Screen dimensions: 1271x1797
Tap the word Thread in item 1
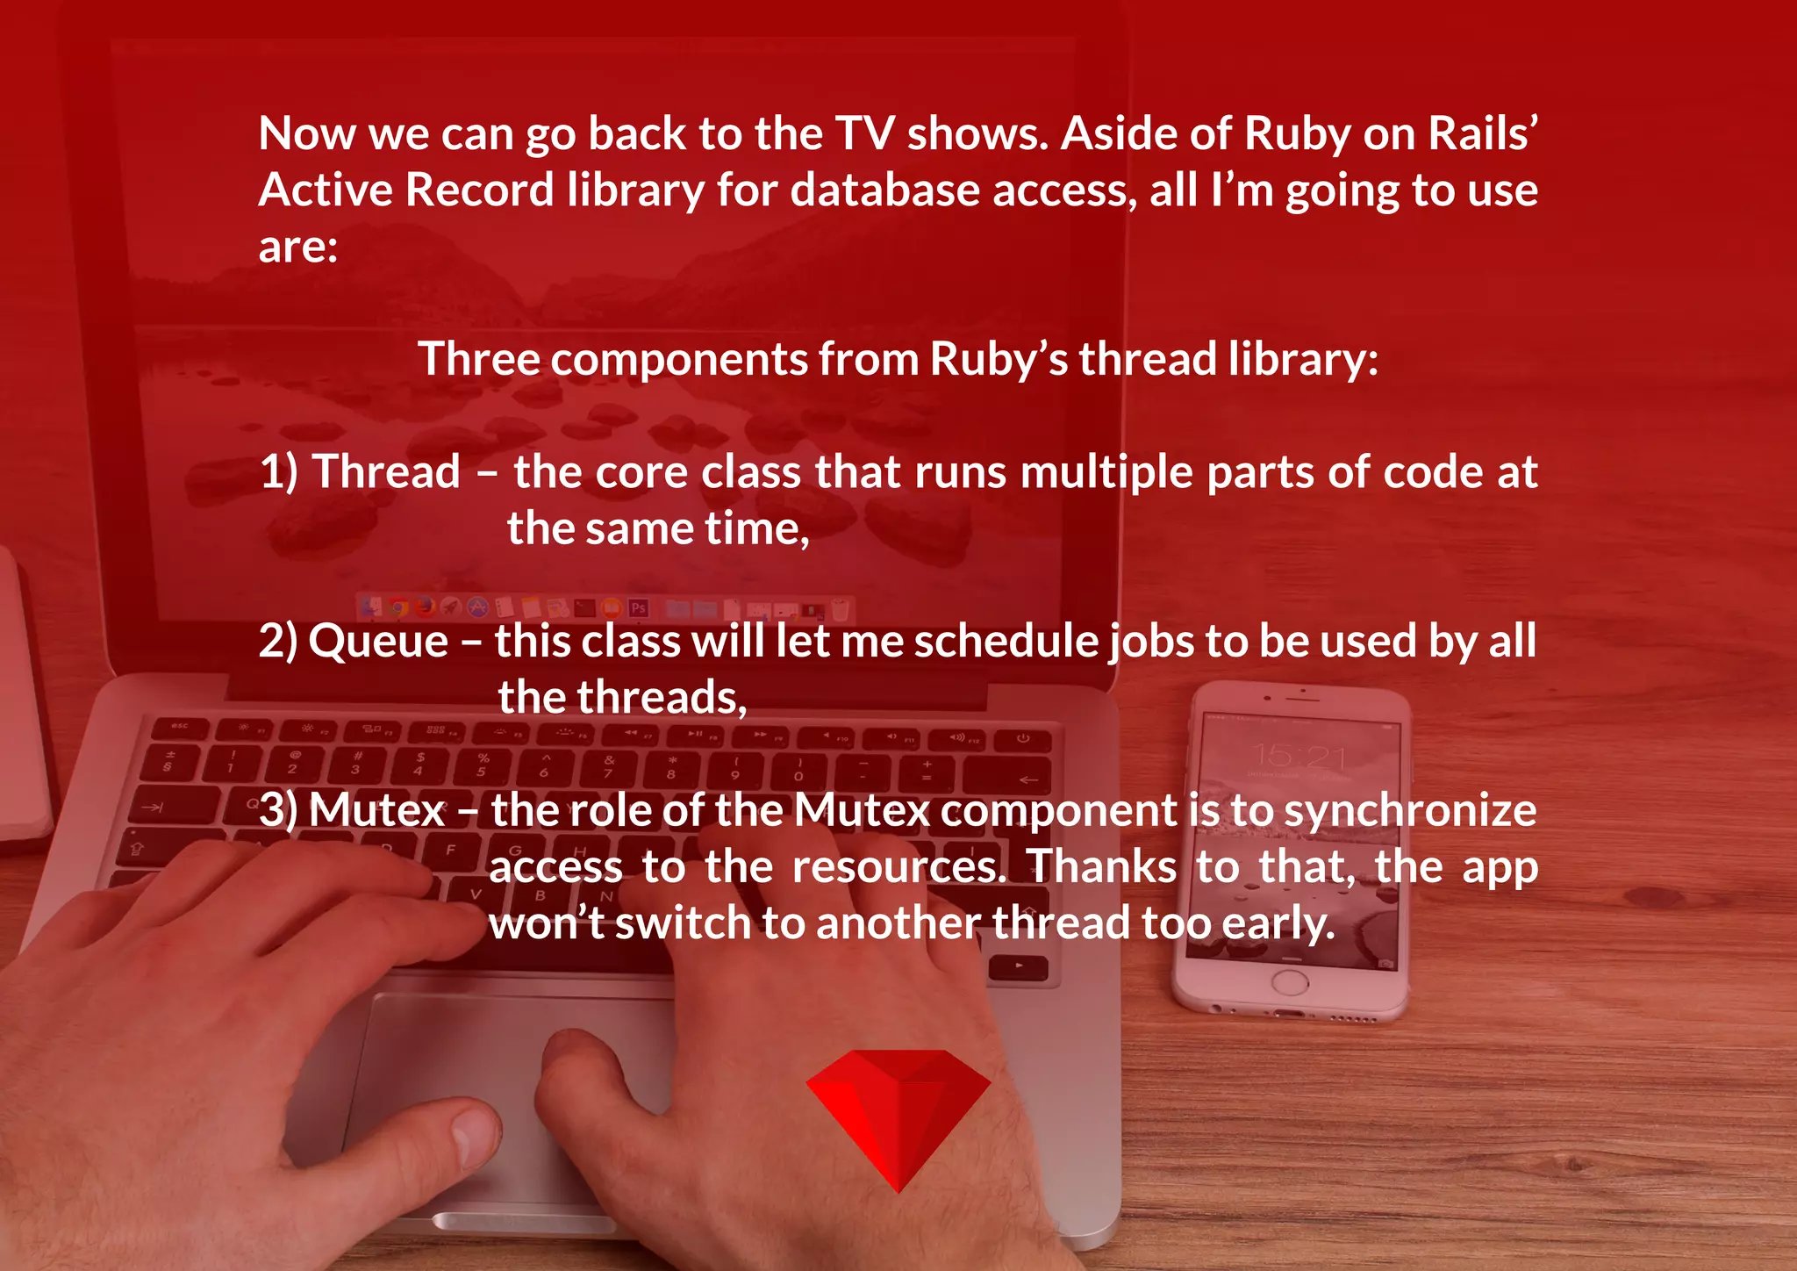pos(386,472)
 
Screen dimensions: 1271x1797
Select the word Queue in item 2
pos(378,641)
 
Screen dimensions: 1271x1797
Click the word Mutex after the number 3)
pos(376,809)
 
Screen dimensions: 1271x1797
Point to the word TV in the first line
pos(864,133)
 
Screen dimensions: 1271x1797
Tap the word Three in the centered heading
pos(477,359)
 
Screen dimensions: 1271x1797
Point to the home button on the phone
pos(1289,982)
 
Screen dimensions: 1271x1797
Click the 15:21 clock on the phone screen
pos(1298,755)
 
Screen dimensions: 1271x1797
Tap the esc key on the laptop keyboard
pos(180,727)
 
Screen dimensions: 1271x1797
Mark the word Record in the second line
pos(479,190)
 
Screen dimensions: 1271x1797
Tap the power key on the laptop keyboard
pos(1023,739)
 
